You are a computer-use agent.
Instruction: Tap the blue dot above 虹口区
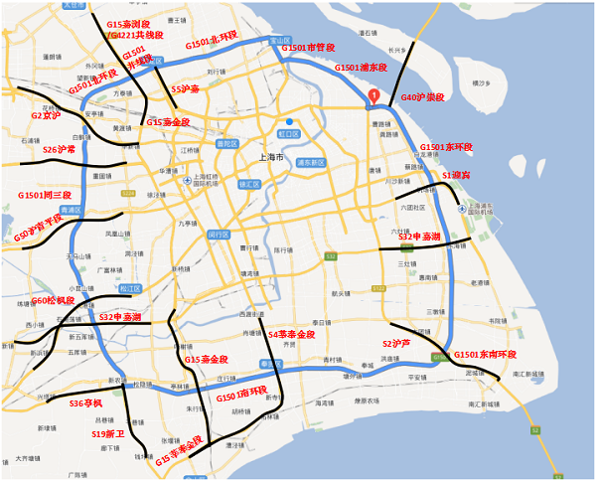point(289,121)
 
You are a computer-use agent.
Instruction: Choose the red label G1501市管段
point(309,47)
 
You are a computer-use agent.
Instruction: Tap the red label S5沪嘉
point(186,88)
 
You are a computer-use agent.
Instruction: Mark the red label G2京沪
point(46,115)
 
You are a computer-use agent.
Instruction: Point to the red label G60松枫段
point(53,300)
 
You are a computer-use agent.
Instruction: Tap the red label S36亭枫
point(86,403)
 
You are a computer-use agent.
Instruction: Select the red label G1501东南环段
point(485,355)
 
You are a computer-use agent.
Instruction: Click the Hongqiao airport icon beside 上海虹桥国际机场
point(188,180)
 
